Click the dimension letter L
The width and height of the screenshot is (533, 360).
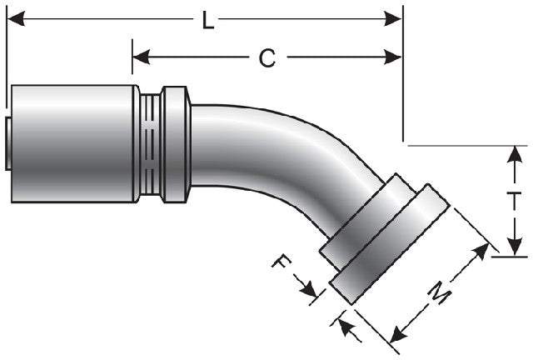point(207,21)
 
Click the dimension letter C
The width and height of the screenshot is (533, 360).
point(266,57)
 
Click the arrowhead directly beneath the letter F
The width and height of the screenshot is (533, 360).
point(311,292)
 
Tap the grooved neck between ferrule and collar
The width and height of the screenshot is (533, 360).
point(150,143)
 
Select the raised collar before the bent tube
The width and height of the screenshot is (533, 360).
point(176,143)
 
